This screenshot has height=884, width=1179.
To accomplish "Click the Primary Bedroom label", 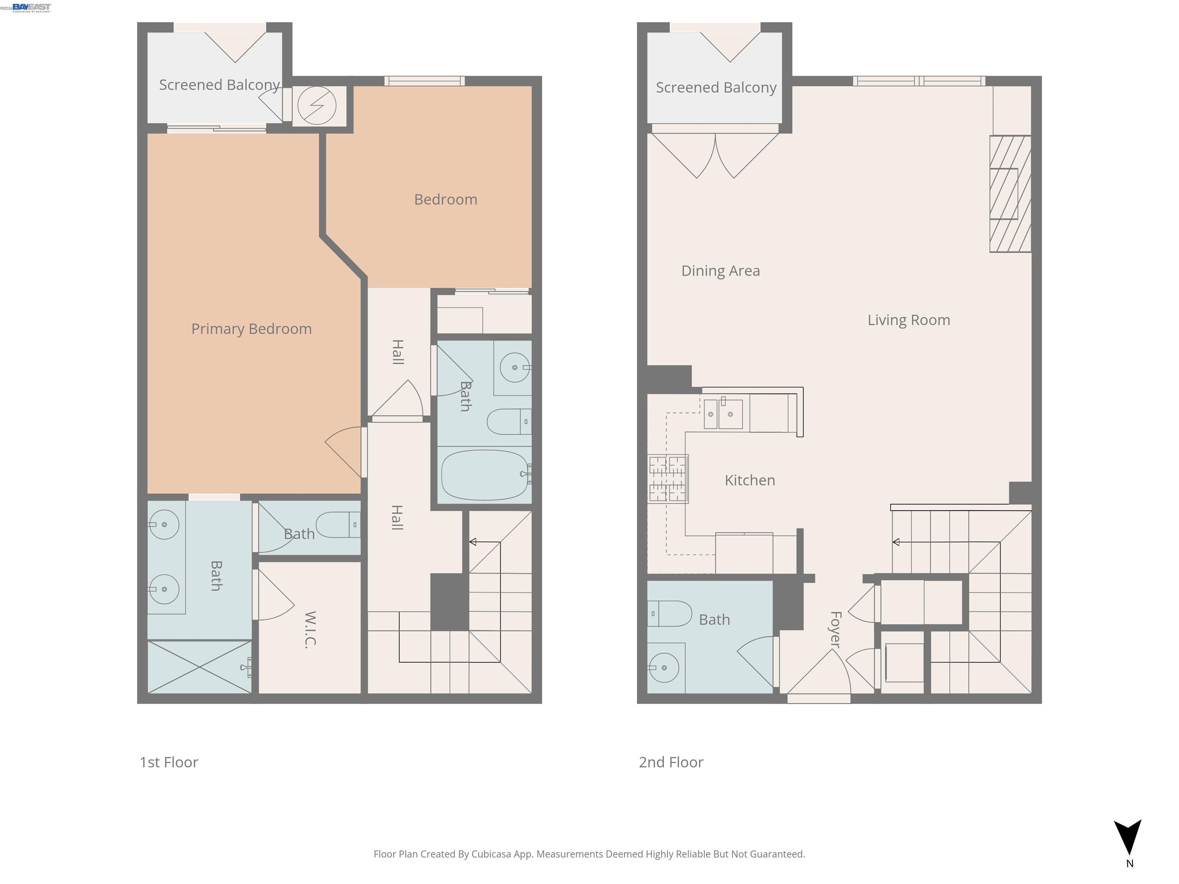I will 251,329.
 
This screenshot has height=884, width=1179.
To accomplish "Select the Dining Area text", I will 720,271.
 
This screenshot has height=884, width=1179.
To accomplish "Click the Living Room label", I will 908,320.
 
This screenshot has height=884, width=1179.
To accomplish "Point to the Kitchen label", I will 750,480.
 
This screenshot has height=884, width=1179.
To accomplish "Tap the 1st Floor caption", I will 168,762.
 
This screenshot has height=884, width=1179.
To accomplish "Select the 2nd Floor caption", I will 670,762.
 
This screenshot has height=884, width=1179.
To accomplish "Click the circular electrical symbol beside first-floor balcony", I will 317,106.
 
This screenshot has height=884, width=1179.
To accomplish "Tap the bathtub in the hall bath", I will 484,475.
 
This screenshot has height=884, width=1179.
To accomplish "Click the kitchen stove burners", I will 667,478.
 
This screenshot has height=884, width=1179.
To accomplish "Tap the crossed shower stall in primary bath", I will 199,666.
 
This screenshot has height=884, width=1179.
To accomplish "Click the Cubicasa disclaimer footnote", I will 589,854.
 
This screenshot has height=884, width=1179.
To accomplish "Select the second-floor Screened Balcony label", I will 715,87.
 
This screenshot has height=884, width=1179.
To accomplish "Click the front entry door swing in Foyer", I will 818,674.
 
